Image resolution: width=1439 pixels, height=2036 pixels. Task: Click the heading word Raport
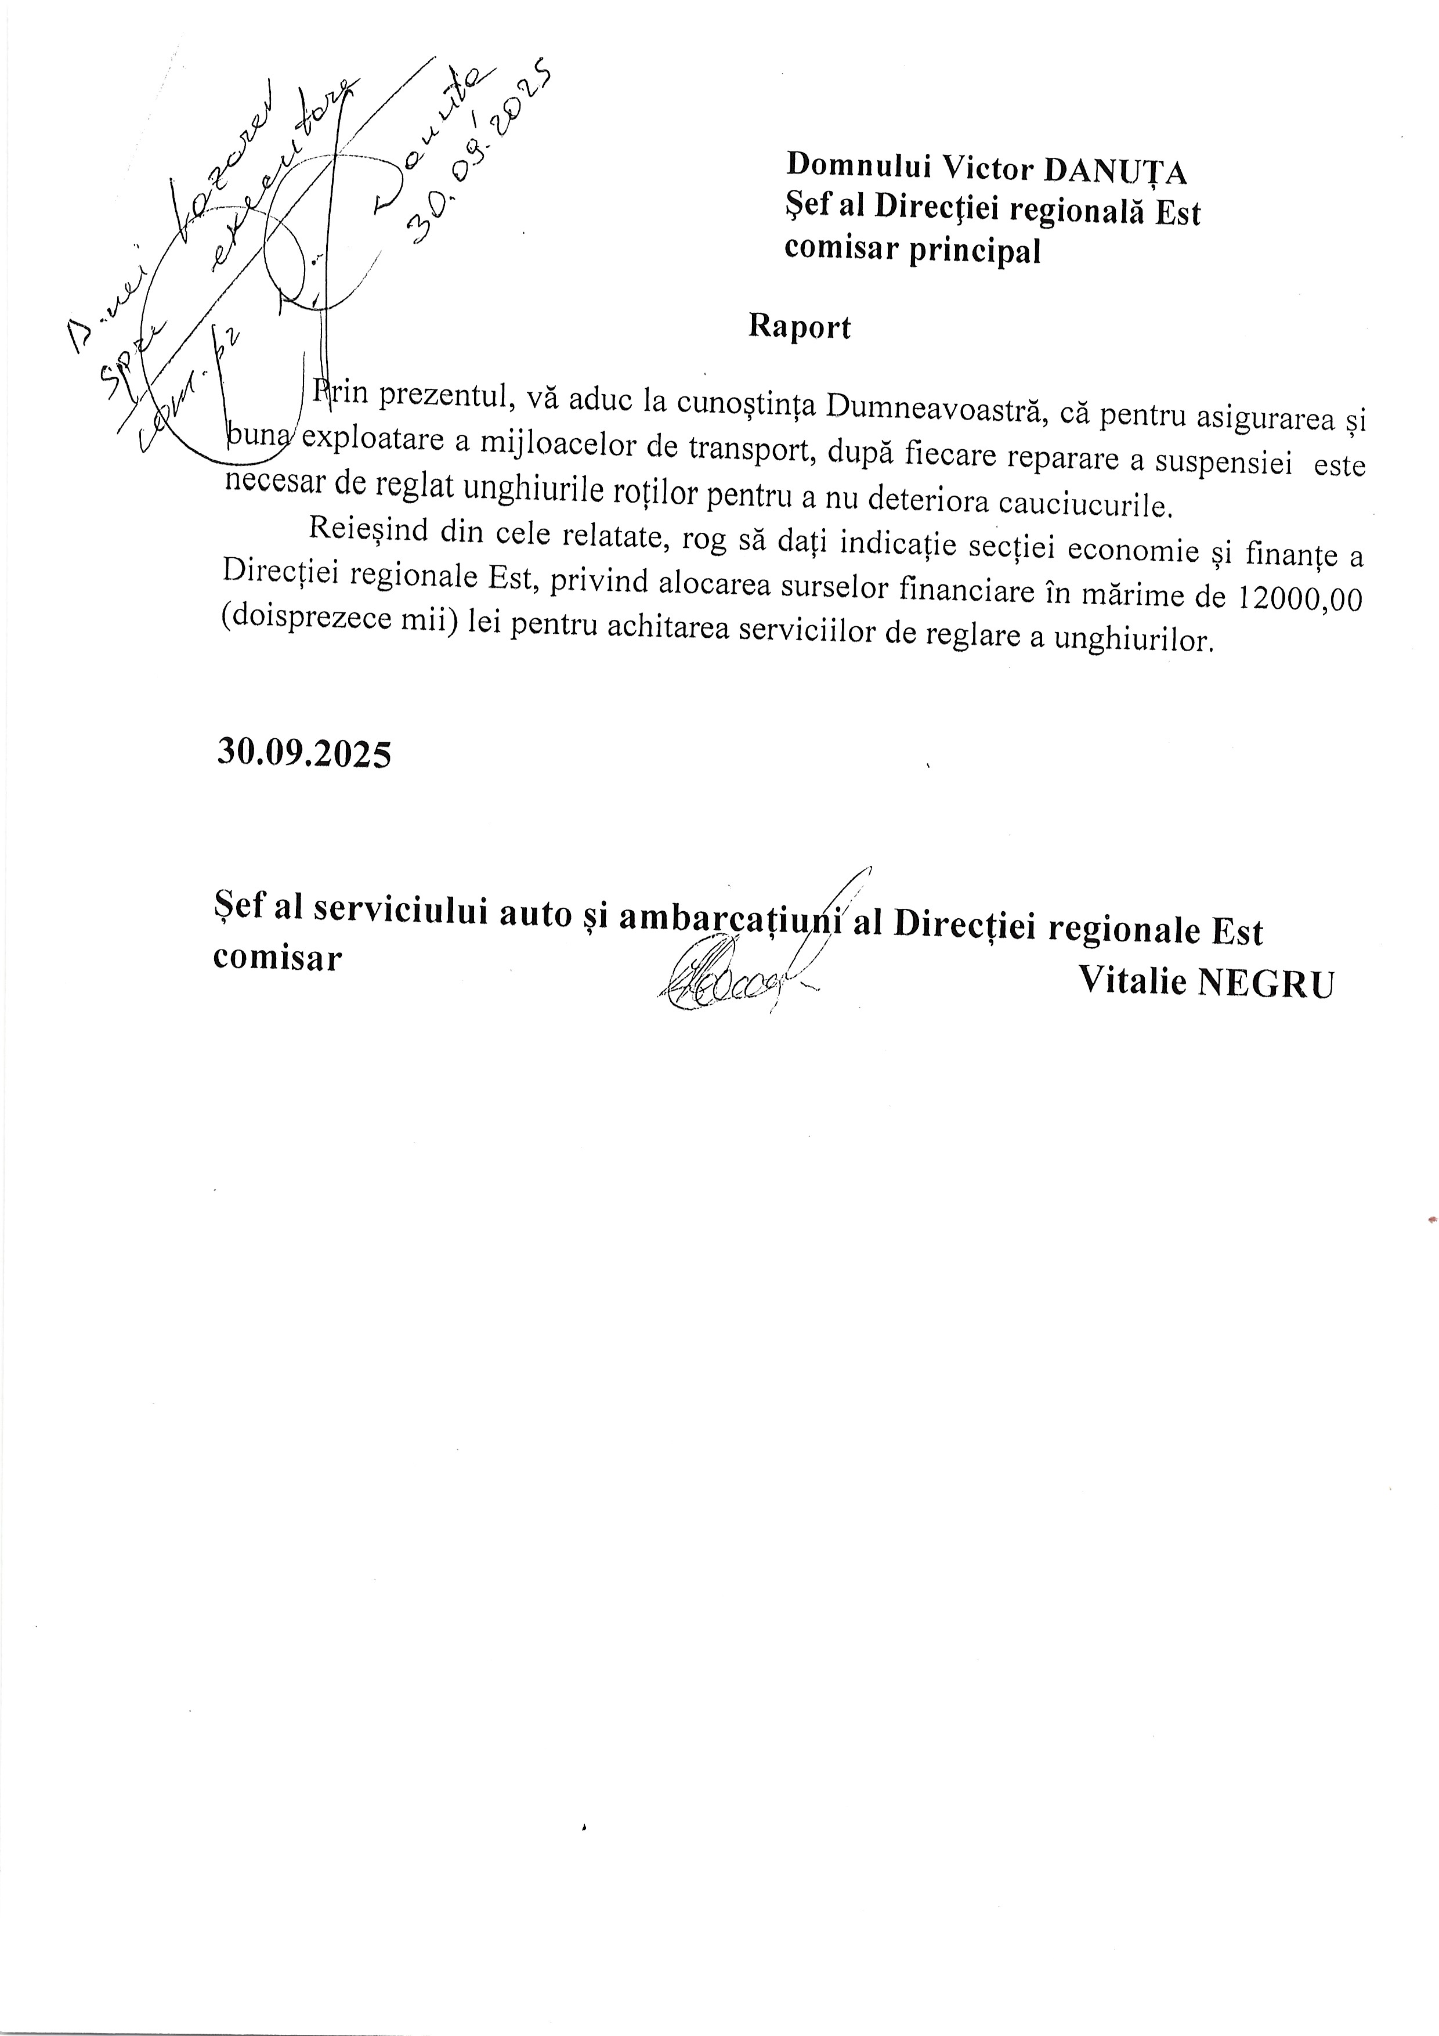coord(799,326)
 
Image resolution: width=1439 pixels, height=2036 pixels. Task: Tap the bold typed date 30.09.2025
coord(303,754)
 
